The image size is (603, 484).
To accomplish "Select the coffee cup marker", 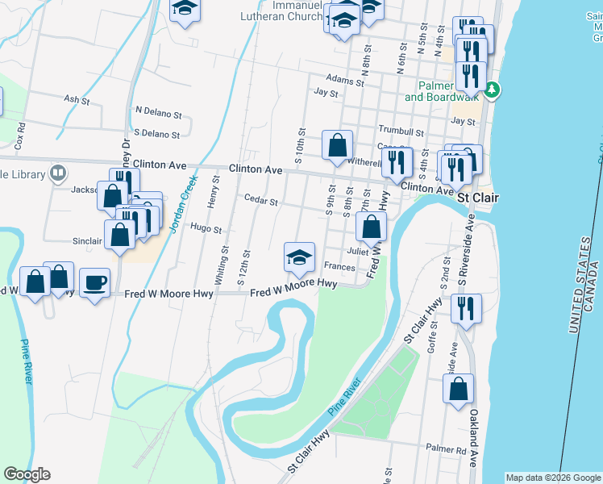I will (94, 282).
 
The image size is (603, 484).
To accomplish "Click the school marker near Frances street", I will (299, 257).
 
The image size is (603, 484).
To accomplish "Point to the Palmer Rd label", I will (447, 448).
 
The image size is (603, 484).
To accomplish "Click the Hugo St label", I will (206, 229).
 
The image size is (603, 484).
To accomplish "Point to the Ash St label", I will (76, 99).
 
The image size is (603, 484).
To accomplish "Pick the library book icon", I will (58, 173).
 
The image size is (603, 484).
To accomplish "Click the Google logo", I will (27, 474).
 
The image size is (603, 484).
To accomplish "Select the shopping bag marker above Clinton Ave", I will (338, 146).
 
